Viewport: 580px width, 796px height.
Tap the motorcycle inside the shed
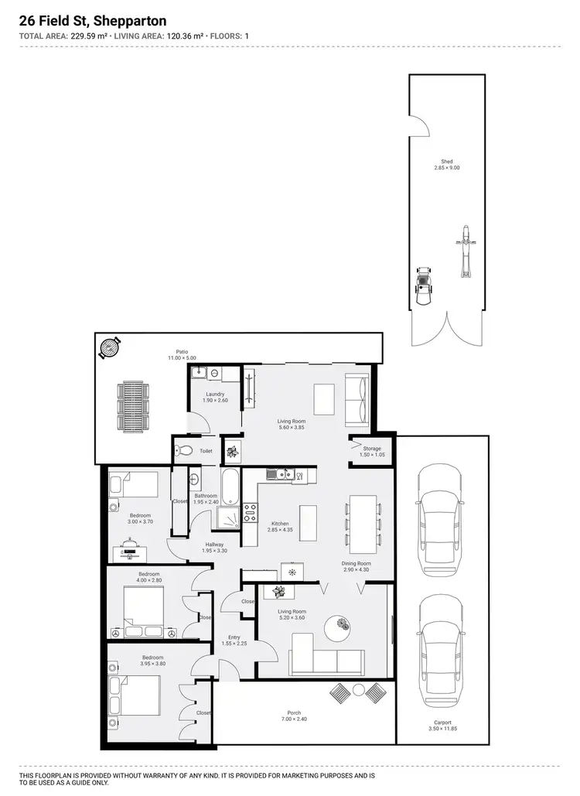click(466, 251)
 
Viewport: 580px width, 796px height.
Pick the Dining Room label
click(357, 564)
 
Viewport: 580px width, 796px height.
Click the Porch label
click(294, 712)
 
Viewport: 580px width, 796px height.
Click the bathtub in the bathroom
click(230, 486)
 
